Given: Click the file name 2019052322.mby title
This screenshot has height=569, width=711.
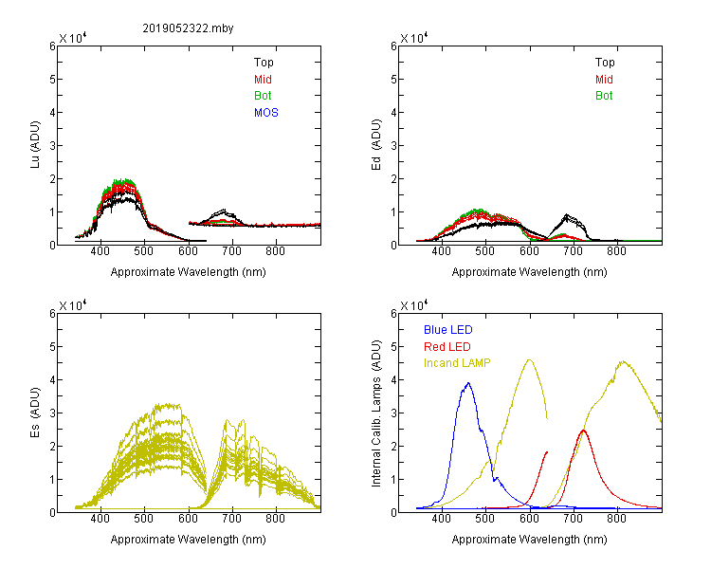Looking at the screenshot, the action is (188, 28).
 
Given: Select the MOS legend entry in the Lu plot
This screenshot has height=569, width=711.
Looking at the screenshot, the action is (266, 113).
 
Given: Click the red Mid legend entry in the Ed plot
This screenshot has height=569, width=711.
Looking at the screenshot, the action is (604, 80).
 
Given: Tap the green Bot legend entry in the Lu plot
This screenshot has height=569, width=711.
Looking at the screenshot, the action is (263, 96).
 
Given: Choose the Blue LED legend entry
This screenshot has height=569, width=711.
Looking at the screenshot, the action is (448, 330).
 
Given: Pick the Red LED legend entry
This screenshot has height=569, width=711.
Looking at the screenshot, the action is (447, 347).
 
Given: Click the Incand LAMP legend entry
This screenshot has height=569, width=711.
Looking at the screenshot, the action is (457, 363).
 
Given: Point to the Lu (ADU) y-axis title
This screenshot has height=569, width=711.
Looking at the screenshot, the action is (35, 145).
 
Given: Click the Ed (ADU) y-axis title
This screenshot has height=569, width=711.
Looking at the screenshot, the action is (376, 145).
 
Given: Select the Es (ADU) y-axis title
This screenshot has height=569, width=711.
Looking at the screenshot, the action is (35, 413).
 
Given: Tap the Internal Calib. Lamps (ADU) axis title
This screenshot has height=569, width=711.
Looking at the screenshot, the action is (376, 413).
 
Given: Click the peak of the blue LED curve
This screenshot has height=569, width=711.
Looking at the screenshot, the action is (468, 383).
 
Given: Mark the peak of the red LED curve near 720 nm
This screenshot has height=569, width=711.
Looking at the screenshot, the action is (584, 431).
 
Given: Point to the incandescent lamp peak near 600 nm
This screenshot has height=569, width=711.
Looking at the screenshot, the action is (529, 359).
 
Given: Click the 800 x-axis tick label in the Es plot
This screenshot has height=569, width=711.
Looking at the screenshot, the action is (275, 519).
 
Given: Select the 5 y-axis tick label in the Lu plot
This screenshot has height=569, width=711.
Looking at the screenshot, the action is (52, 80).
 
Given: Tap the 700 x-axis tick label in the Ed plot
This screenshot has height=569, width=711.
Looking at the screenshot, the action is (574, 251).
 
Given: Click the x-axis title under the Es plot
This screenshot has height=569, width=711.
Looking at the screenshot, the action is (189, 540).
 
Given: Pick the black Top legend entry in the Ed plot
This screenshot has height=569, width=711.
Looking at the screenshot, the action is (605, 63).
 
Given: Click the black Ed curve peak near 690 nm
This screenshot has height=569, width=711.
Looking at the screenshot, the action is (566, 214).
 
